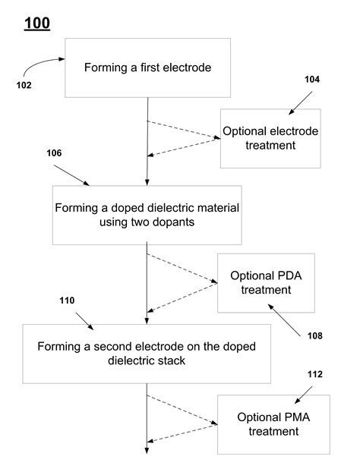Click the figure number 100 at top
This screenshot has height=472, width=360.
click(x=37, y=24)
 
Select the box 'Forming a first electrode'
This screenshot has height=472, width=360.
click(x=147, y=68)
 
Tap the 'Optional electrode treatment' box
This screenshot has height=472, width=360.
click(x=270, y=138)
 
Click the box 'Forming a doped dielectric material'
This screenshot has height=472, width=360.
click(x=147, y=215)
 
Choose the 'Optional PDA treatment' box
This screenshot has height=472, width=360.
click(x=266, y=282)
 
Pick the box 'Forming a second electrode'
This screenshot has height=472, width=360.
click(x=147, y=354)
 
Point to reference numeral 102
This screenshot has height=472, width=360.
click(x=24, y=85)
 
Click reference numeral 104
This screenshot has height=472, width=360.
click(x=312, y=79)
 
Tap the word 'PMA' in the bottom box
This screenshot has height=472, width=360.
click(x=292, y=417)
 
